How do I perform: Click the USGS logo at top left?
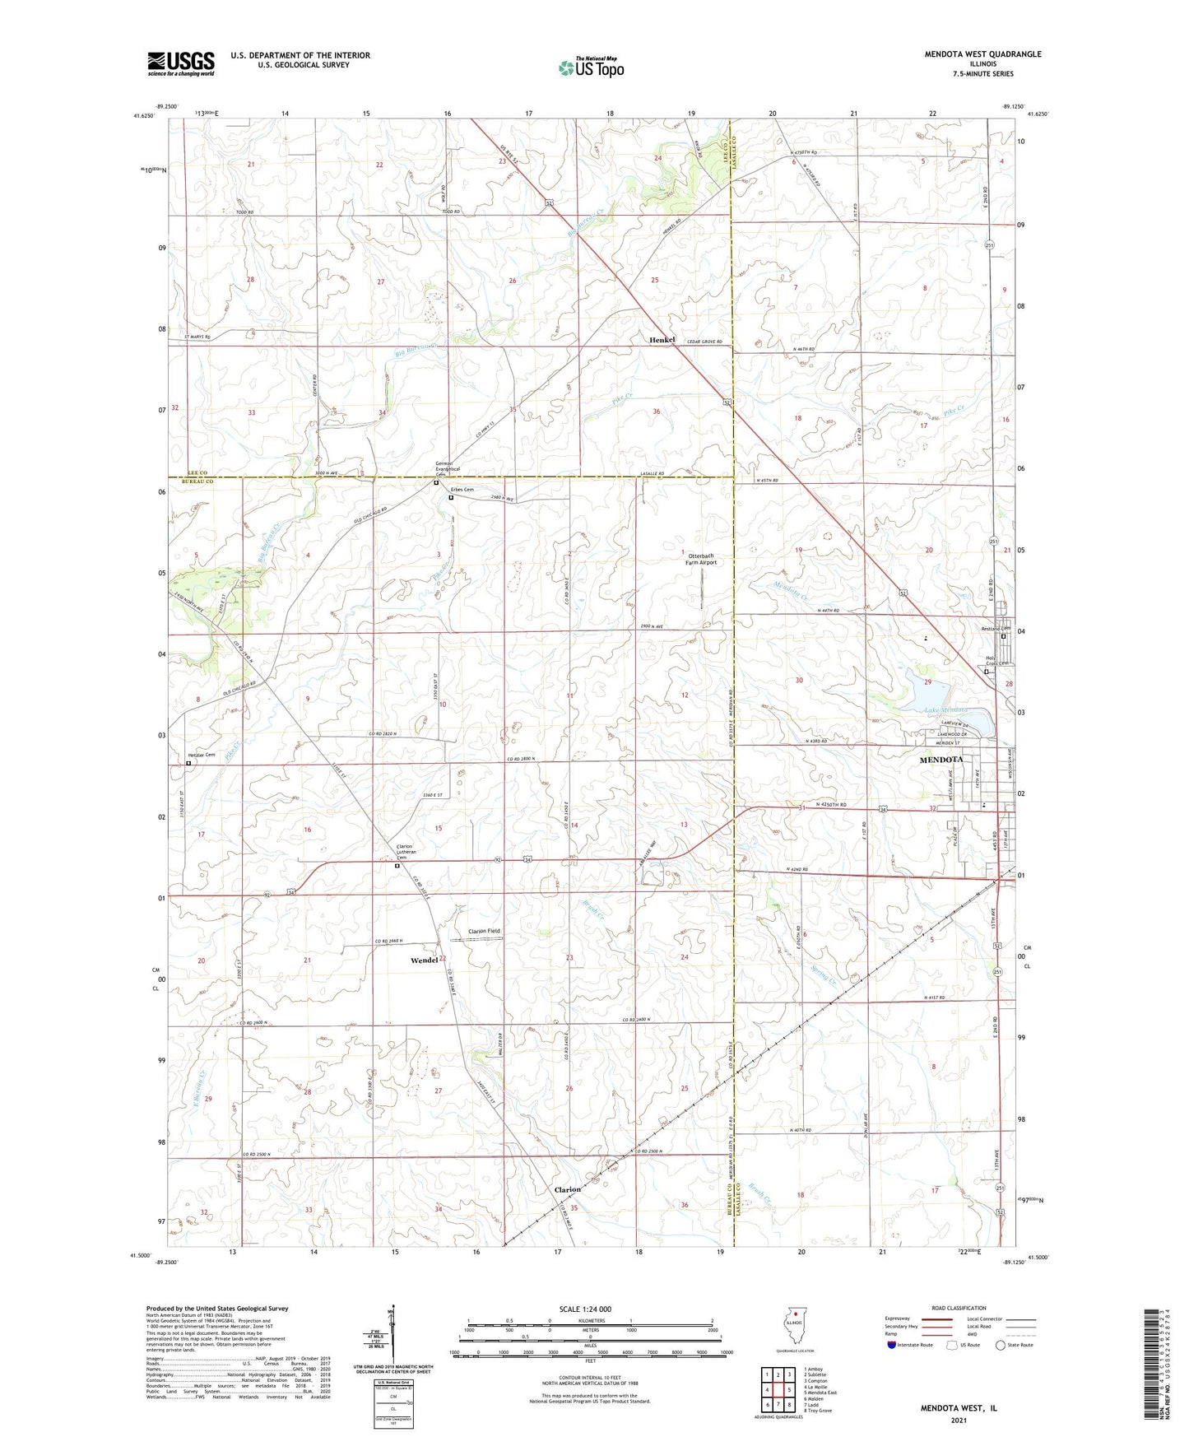tap(181, 63)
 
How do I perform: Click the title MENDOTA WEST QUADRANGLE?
tap(970, 54)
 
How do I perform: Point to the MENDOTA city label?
tap(941, 760)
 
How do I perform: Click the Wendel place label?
tap(424, 960)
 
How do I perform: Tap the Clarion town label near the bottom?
tap(567, 1189)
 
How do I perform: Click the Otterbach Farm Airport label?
tap(702, 560)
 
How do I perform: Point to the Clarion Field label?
tap(484, 931)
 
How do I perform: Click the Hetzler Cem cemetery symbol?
tap(188, 764)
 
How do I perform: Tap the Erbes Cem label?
tap(463, 490)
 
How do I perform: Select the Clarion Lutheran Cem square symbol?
tap(397, 866)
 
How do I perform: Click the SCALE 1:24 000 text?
tap(585, 1309)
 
